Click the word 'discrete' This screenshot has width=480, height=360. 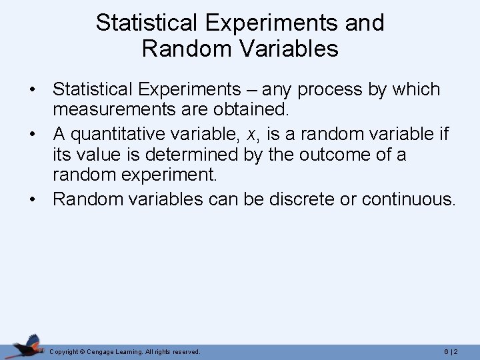[301, 199]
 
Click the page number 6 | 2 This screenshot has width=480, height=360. [450, 351]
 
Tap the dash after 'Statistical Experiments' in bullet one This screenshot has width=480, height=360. [255, 89]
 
